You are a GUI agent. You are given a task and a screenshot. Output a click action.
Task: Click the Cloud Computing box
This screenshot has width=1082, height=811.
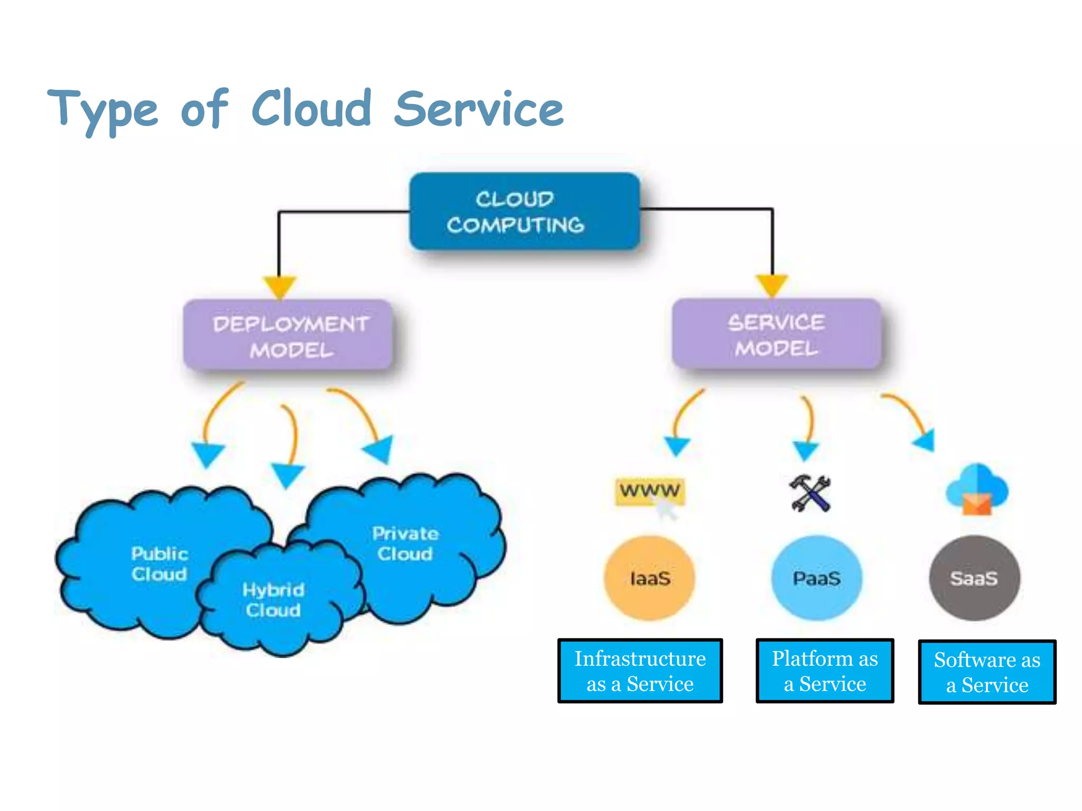(524, 212)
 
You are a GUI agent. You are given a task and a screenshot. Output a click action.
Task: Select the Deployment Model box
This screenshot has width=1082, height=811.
(288, 336)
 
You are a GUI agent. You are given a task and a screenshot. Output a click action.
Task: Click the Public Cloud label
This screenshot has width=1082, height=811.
(159, 564)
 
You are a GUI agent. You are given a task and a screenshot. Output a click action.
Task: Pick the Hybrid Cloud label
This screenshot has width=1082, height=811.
(273, 600)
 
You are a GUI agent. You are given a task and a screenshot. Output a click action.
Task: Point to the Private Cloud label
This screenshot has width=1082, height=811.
(405, 543)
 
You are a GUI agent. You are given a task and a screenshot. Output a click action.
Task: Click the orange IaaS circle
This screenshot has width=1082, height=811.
(649, 578)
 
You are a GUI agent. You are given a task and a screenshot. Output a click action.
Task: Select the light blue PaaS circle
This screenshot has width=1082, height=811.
(816, 578)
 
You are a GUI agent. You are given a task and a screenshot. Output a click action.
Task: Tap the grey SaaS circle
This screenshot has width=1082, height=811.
(974, 578)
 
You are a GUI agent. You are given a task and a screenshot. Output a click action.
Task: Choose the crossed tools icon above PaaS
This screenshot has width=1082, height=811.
(810, 493)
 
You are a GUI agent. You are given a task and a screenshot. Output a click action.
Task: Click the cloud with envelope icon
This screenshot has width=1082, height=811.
(976, 489)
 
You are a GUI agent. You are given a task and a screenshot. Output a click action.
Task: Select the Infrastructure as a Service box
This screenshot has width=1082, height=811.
(640, 671)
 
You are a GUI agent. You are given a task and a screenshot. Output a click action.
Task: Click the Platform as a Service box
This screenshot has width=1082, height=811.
(825, 671)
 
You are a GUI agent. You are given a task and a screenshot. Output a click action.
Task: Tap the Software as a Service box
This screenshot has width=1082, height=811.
(987, 672)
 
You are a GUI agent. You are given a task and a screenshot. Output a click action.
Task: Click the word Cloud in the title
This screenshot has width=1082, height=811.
(312, 109)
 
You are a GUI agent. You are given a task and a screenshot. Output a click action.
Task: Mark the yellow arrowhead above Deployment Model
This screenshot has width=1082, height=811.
(279, 286)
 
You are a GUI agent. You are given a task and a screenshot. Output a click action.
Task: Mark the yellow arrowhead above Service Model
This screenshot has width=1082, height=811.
(772, 285)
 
